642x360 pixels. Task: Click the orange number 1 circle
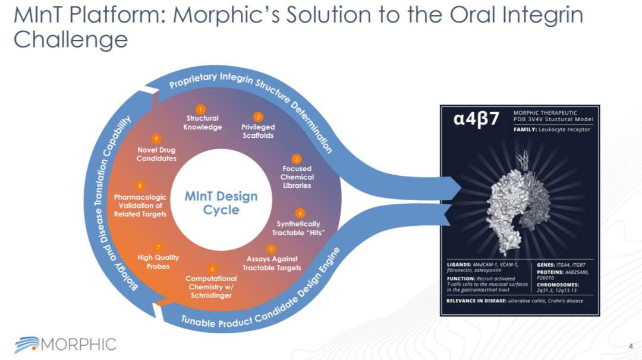pos(201,109)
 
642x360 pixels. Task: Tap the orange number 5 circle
pos(271,249)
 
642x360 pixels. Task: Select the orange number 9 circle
pos(156,138)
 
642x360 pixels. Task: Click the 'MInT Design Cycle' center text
pos(221,203)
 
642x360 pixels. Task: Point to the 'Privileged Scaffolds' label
pos(258,131)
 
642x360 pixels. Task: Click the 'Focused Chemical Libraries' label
pos(297,177)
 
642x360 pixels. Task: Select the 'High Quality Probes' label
pos(158,262)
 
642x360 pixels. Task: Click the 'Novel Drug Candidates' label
pos(156,154)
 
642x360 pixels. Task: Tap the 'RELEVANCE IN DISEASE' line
pos(515,301)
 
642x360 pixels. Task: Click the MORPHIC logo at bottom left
pos(65,343)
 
